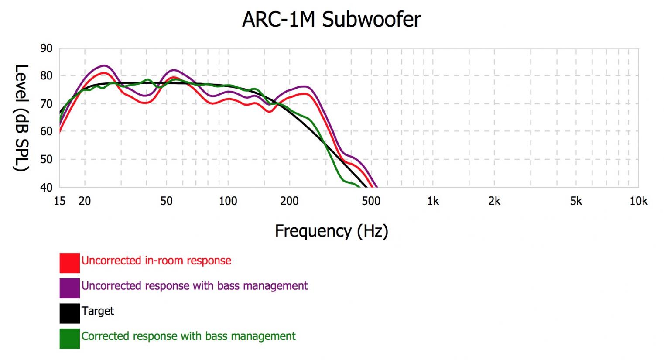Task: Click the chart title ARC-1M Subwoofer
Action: pos(332,20)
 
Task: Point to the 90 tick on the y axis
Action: pos(46,48)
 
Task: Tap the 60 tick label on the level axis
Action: pos(46,131)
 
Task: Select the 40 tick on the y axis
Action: pos(46,188)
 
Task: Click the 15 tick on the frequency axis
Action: pos(59,201)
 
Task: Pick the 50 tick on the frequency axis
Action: pos(166,201)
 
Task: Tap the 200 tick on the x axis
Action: pos(289,201)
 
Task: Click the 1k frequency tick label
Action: pos(433,201)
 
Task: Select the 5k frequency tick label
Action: pos(576,201)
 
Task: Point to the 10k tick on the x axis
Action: pos(638,201)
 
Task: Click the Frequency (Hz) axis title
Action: pos(332,231)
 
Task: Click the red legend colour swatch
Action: pos(70,263)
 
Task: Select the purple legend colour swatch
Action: pos(70,288)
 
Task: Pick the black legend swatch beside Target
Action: pos(70,313)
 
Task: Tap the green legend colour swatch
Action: pos(70,339)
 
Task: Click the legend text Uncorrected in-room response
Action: pos(156,261)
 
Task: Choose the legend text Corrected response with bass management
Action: pos(188,336)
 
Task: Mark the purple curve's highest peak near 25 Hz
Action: pos(104,65)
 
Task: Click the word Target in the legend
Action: pos(98,311)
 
